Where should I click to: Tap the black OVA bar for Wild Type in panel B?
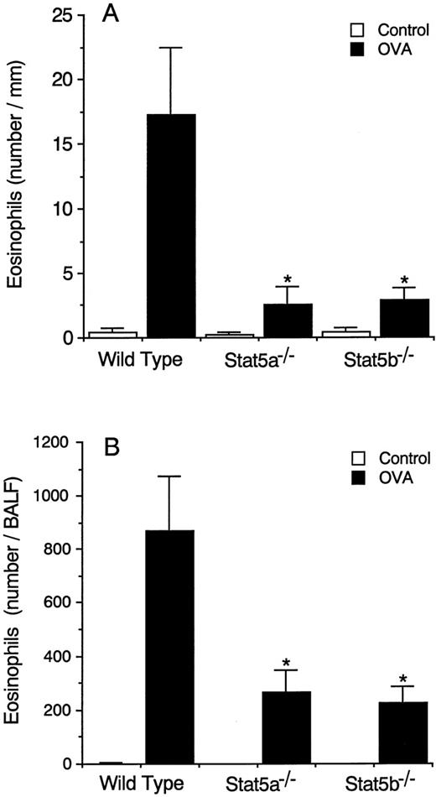tap(169, 647)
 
